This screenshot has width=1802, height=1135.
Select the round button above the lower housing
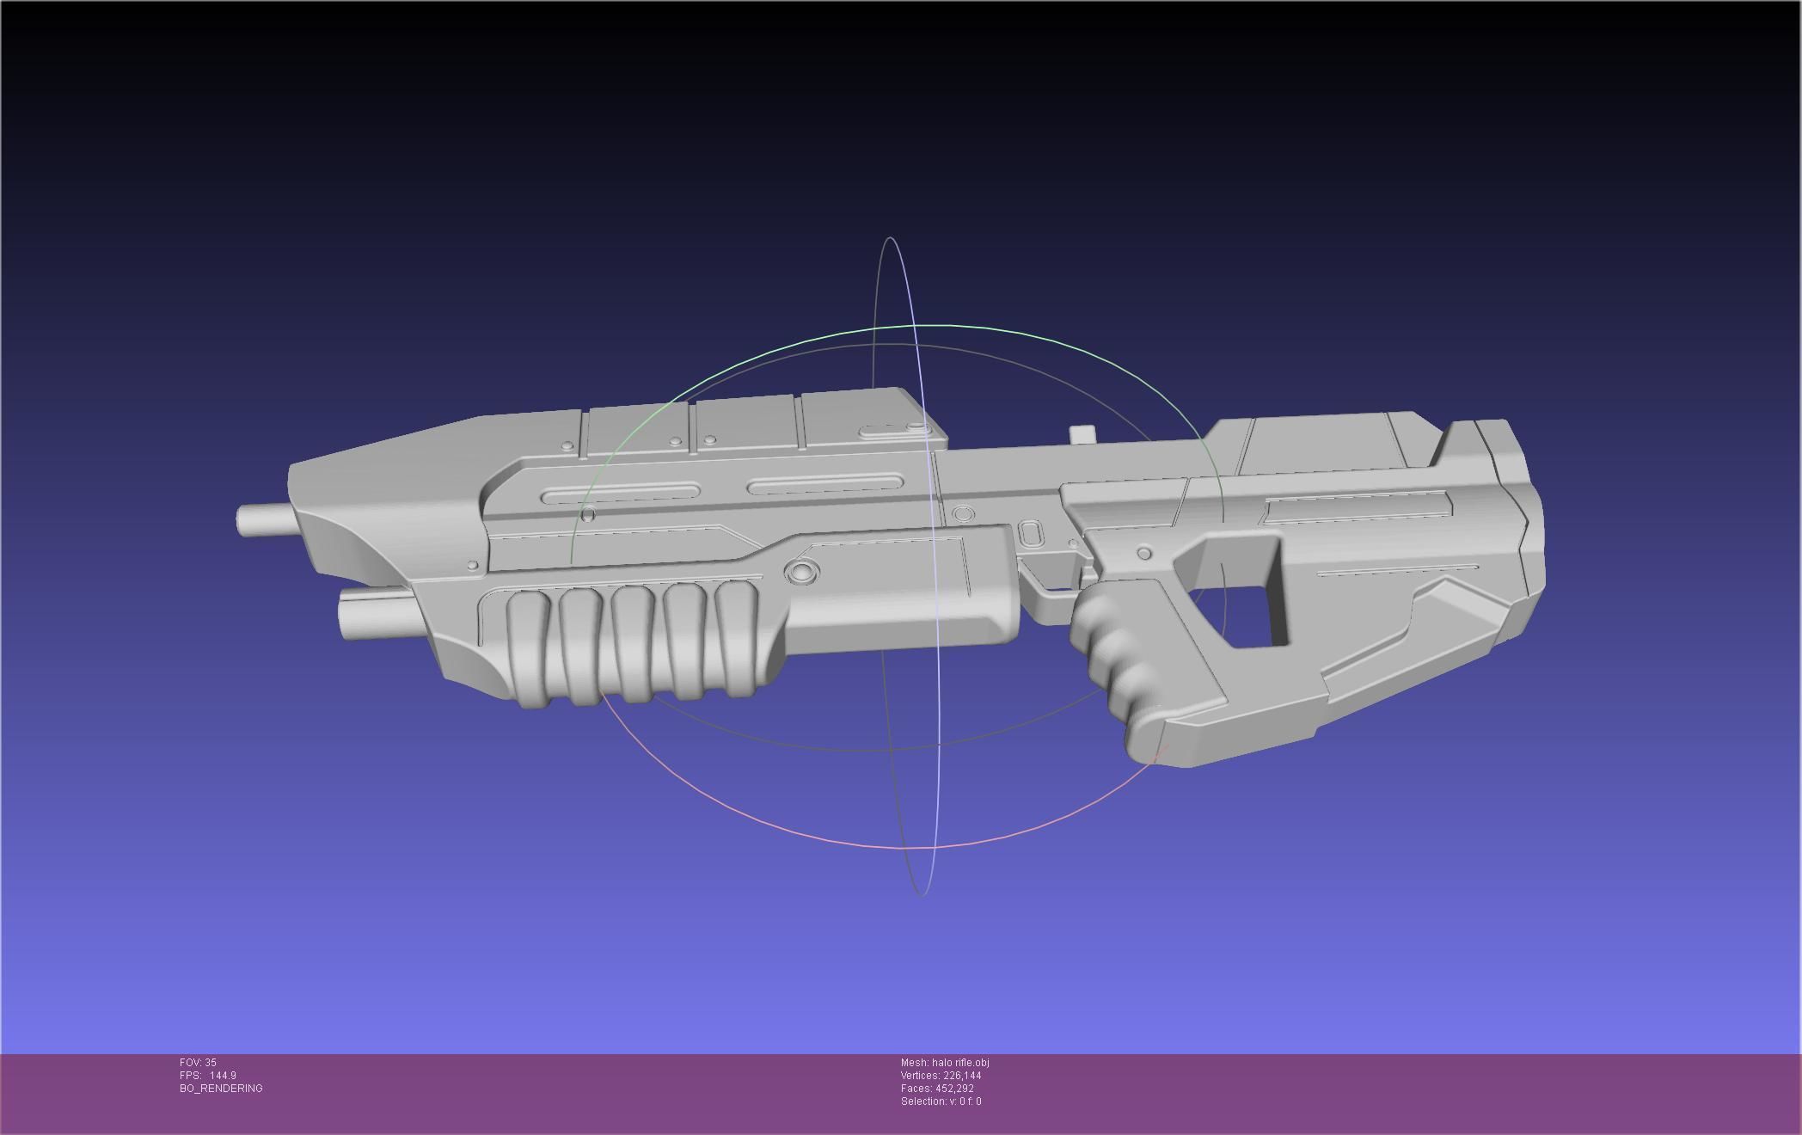[801, 571]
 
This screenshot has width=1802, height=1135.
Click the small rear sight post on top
[1083, 434]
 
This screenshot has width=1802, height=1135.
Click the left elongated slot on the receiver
[619, 494]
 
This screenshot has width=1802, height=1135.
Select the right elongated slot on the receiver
[825, 485]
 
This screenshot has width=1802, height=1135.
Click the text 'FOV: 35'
[198, 1063]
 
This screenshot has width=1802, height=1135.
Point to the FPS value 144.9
[222, 1076]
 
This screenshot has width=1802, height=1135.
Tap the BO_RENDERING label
[221, 1089]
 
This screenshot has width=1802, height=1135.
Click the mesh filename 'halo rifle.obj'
[959, 1063]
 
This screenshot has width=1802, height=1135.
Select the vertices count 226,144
[960, 1076]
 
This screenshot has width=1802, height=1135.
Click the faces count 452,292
[954, 1089]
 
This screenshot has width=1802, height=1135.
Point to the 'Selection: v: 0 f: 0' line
[941, 1101]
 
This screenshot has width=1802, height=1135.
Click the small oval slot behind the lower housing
[1030, 533]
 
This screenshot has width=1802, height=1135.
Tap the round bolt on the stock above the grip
[1143, 553]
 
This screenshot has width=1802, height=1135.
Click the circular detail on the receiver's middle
[964, 514]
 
